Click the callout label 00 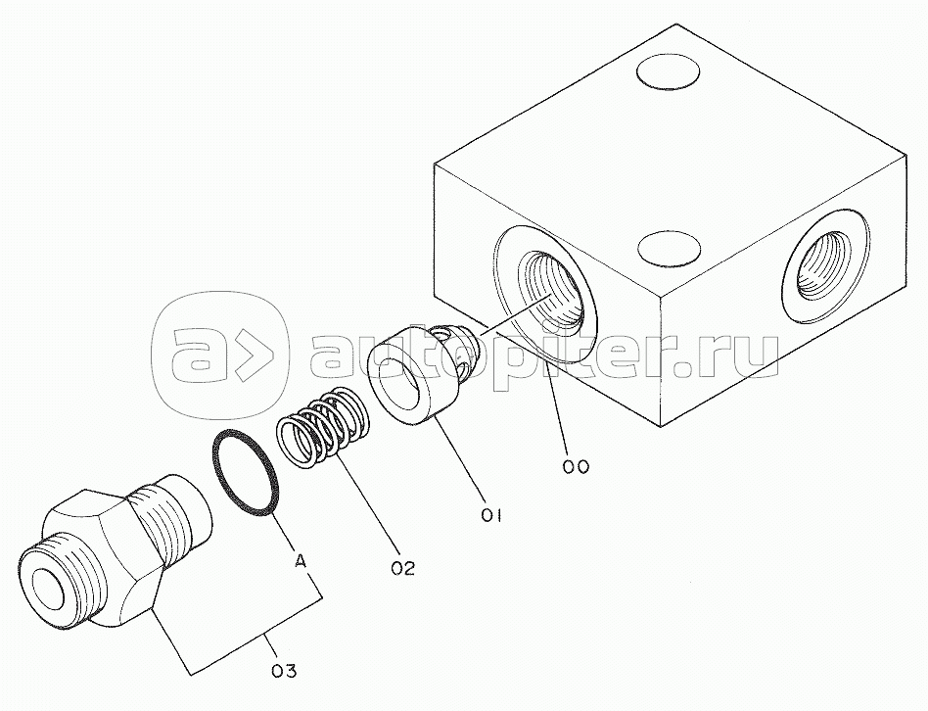pyautogui.click(x=576, y=467)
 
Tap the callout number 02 pyautogui.click(x=402, y=567)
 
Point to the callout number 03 pyautogui.click(x=282, y=671)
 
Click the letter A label pyautogui.click(x=302, y=561)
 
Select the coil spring pyautogui.click(x=322, y=430)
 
